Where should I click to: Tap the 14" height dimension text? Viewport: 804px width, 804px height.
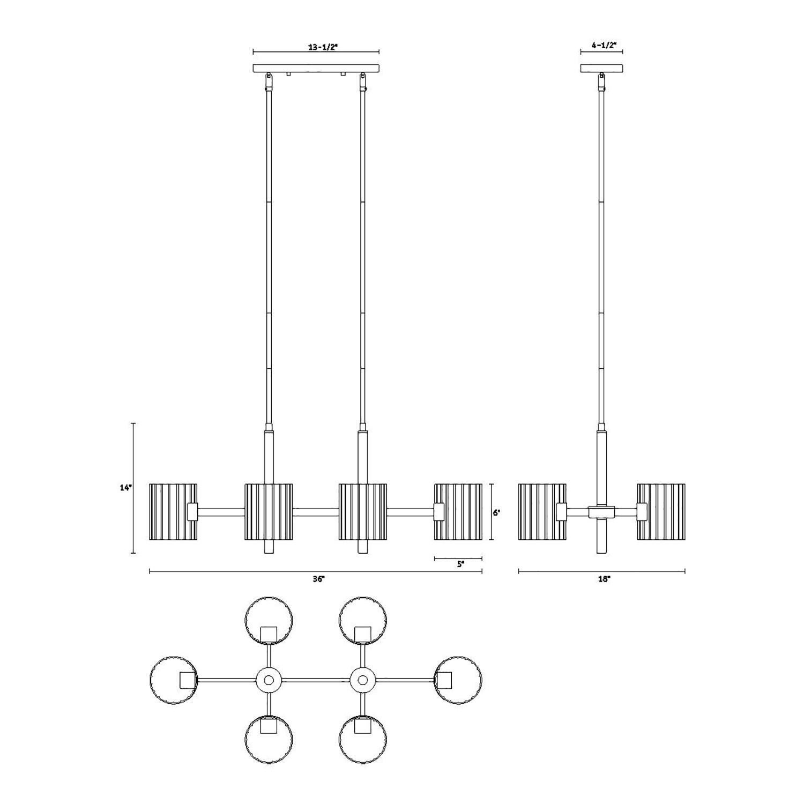click(125, 488)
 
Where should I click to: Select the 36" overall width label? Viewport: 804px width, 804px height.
click(319, 579)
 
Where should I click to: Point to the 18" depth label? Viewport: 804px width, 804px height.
click(605, 579)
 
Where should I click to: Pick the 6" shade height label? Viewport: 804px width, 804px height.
click(497, 512)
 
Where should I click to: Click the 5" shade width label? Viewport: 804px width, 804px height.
click(460, 564)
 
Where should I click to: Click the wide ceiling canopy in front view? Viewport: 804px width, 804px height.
click(316, 68)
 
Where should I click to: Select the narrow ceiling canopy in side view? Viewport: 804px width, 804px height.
click(601, 68)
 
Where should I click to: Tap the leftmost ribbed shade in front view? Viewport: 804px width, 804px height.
click(173, 512)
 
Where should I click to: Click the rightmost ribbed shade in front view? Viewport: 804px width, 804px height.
click(458, 512)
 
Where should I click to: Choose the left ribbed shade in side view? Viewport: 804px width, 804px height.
click(541, 512)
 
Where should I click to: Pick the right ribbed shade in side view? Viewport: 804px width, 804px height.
click(661, 512)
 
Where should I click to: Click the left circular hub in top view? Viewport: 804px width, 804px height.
click(269, 680)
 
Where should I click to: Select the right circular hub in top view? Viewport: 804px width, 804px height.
click(363, 680)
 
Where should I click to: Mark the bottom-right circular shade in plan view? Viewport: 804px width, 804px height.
click(363, 739)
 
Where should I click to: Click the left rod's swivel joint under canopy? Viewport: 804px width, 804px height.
click(269, 82)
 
